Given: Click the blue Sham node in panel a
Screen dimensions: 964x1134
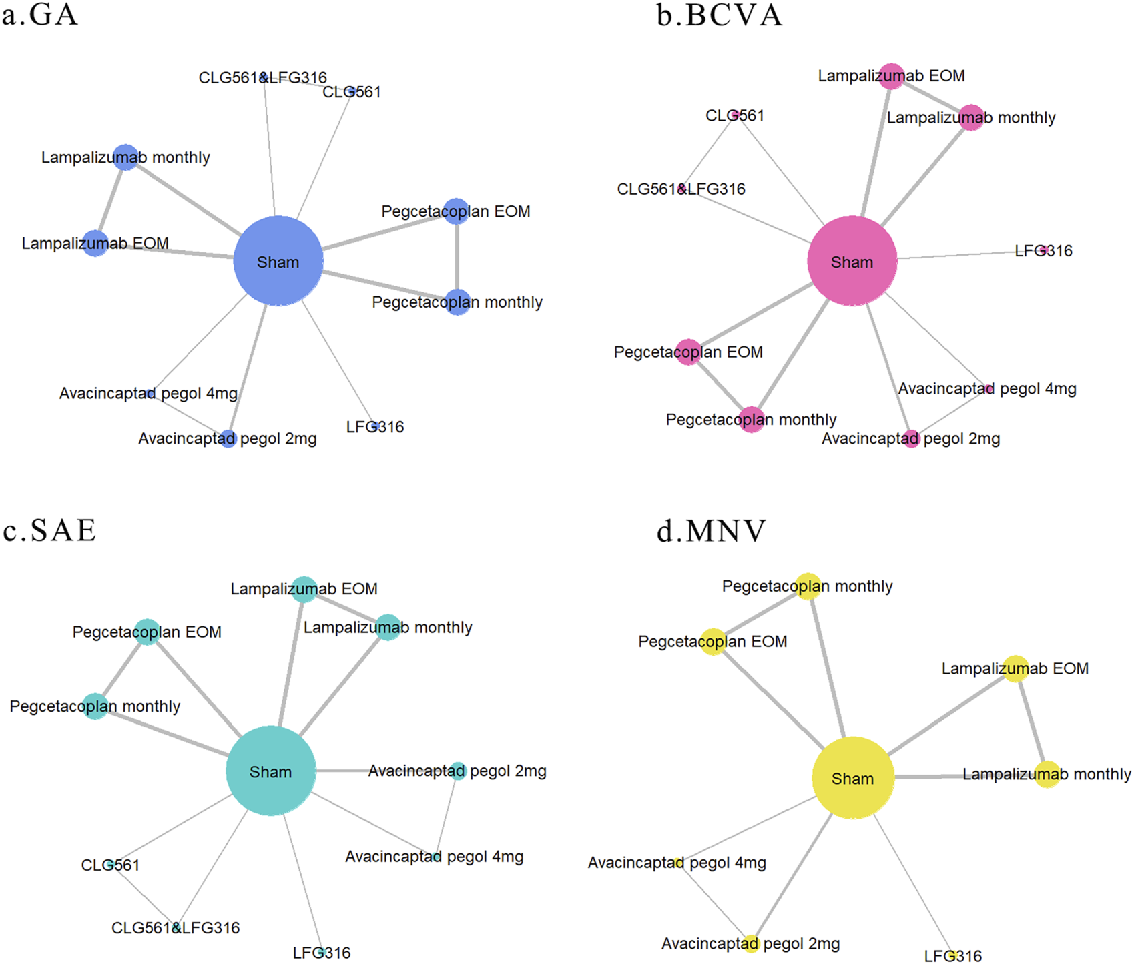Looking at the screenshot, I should click(278, 261).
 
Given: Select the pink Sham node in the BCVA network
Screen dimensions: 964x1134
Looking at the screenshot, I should click(852, 261).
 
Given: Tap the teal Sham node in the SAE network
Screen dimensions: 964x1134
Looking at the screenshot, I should click(270, 771).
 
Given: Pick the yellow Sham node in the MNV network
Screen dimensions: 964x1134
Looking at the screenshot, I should click(852, 777).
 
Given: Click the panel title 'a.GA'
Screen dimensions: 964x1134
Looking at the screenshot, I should click(40, 15).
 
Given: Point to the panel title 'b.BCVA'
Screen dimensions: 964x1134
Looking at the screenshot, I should click(719, 15).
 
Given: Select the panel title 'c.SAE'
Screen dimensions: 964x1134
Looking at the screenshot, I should click(50, 530).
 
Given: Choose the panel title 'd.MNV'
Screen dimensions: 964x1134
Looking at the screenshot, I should click(711, 531).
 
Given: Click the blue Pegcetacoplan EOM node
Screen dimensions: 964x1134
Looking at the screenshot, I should click(457, 211).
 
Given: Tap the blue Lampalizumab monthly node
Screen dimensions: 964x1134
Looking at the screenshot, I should click(125, 157).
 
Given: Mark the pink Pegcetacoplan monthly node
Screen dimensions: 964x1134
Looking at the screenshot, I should click(752, 420).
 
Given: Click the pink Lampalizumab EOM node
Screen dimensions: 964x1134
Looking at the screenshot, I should click(892, 76).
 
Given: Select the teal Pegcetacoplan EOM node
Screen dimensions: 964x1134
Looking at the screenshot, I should click(147, 632).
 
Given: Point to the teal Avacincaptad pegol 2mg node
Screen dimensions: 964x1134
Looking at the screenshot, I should click(457, 771).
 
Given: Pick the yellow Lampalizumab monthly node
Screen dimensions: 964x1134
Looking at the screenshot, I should click(1047, 774).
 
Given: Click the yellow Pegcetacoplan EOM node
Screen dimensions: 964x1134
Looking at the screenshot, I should click(713, 642).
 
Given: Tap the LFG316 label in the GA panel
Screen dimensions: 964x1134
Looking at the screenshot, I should click(375, 427).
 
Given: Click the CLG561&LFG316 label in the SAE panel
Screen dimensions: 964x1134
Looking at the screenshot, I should click(176, 927).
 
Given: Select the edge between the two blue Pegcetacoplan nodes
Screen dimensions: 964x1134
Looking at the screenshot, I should click(457, 257).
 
